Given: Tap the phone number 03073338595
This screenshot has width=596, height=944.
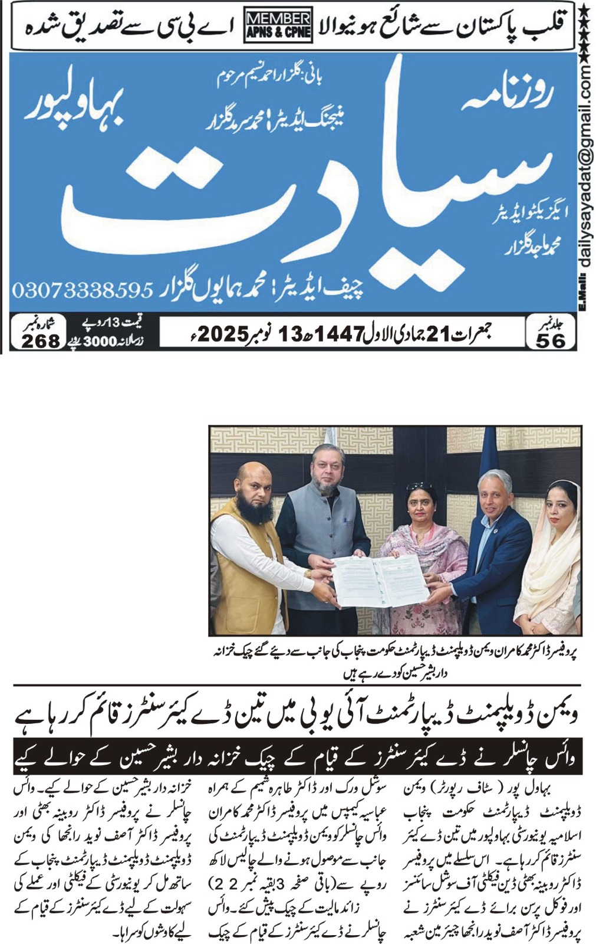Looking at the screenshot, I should pos(83,290).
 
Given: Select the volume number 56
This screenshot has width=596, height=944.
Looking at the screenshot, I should pos(551,340).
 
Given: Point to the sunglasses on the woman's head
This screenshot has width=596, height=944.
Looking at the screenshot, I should pos(419,487).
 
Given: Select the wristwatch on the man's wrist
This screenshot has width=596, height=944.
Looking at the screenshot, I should pos(308,573).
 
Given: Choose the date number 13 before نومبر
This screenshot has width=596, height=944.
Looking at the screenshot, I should pos(289,335).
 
